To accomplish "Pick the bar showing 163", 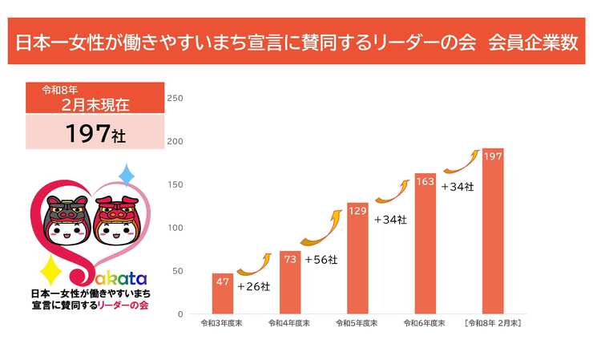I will click(426, 244).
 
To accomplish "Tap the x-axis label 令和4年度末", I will click(290, 323).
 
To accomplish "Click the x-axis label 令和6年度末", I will click(426, 323).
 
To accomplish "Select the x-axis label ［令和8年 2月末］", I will click(493, 323).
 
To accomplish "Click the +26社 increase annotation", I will click(253, 285).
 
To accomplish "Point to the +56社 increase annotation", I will click(321, 260).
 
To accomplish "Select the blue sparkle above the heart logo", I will click(126, 175).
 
